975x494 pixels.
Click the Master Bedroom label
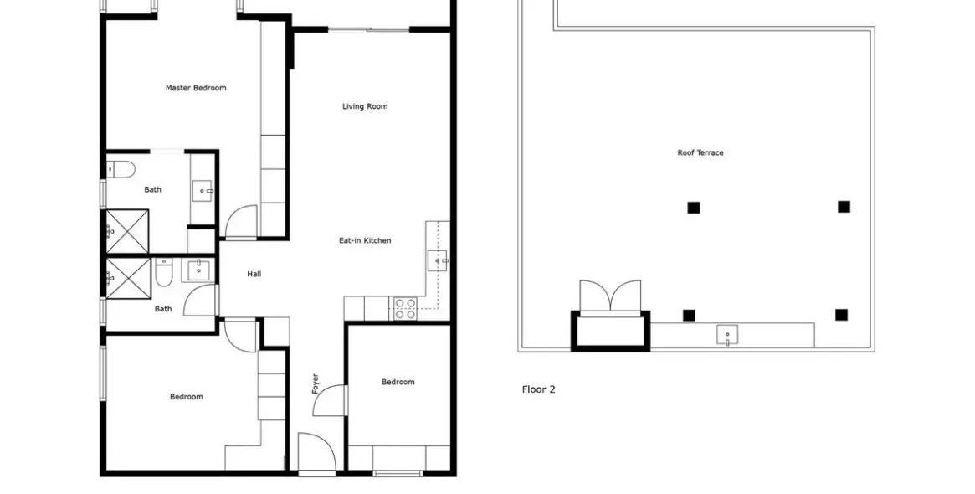click(x=196, y=89)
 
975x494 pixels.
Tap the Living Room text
click(x=365, y=106)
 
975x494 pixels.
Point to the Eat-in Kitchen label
click(x=365, y=241)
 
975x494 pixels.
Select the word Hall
click(x=254, y=274)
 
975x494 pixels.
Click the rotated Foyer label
click(x=315, y=383)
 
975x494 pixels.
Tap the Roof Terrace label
click(x=700, y=152)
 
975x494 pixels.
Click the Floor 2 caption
click(x=538, y=389)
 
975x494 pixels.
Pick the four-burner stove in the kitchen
click(x=405, y=309)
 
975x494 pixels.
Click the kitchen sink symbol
click(x=438, y=260)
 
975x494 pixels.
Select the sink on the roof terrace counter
click(x=727, y=336)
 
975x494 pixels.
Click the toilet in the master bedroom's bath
click(x=121, y=169)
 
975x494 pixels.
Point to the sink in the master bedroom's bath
click(x=203, y=190)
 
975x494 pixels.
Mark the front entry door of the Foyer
click(x=317, y=453)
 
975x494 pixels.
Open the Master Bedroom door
click(x=241, y=222)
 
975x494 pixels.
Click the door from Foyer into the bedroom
click(x=329, y=401)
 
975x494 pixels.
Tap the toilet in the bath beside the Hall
click(x=163, y=274)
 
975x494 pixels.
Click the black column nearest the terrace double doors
click(x=689, y=316)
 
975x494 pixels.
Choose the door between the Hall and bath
click(x=200, y=300)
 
